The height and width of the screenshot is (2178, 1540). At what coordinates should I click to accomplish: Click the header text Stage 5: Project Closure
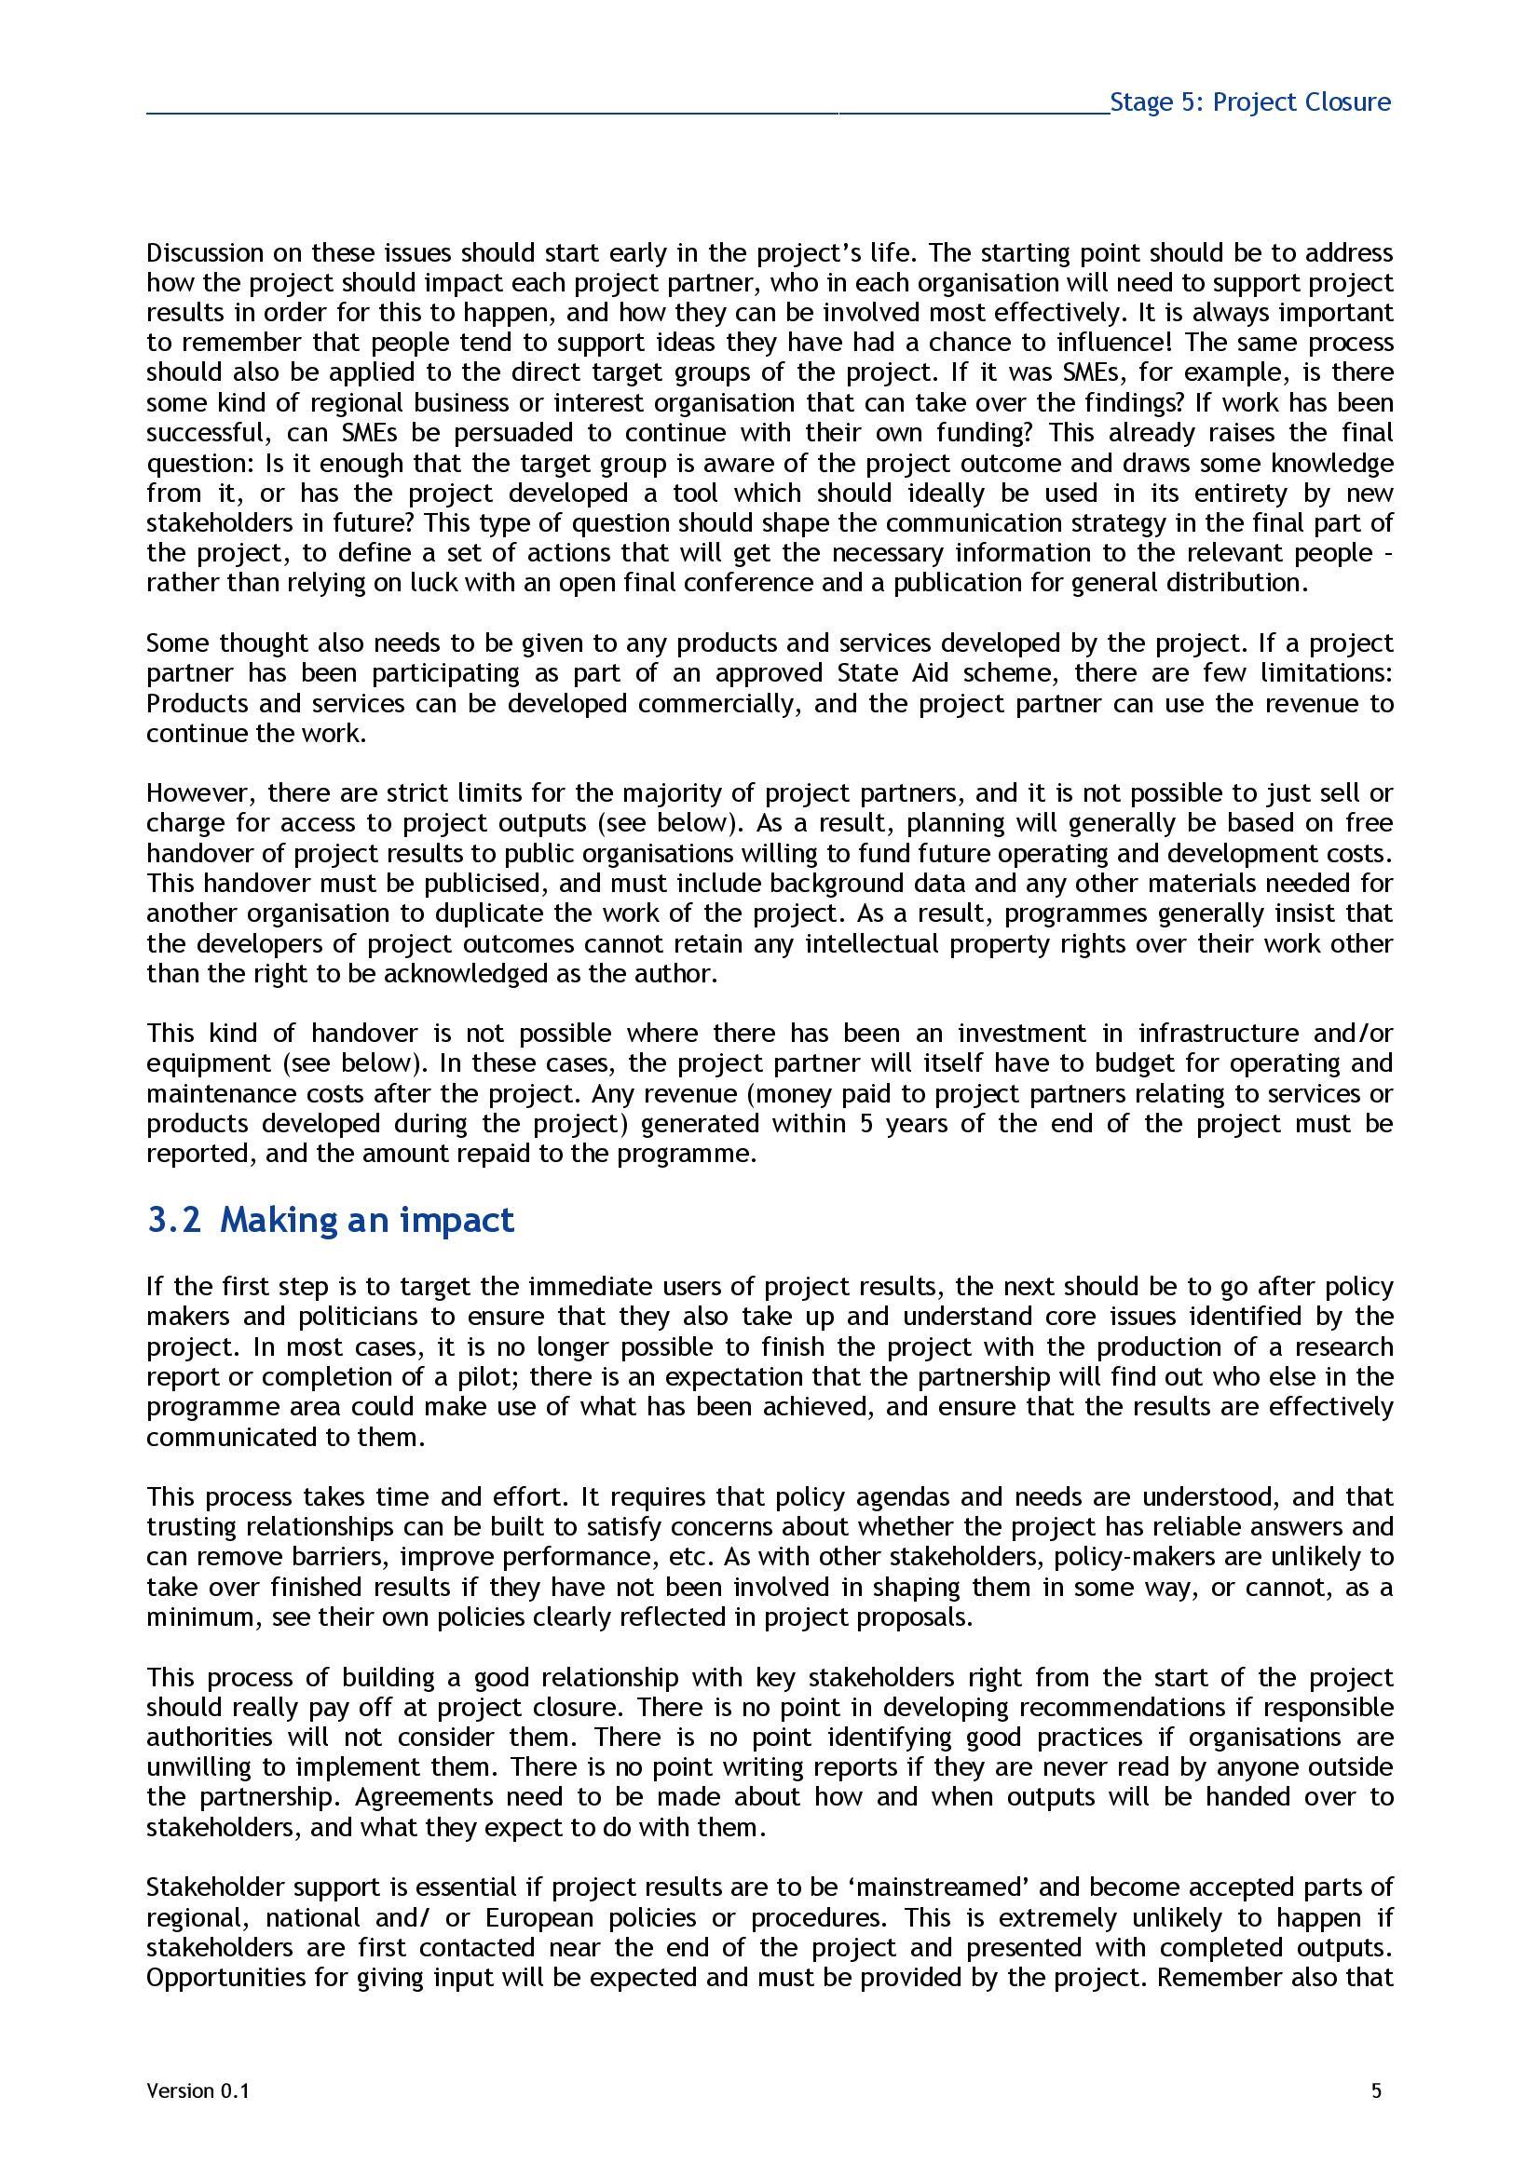click(1249, 102)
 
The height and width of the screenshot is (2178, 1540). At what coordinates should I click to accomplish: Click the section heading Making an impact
click(366, 1219)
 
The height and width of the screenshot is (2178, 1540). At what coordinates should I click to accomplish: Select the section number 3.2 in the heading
click(173, 1219)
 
